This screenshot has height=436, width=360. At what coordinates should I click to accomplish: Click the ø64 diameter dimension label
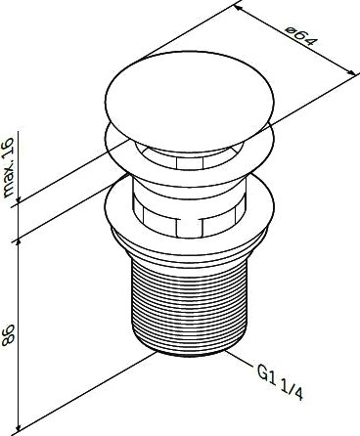301,36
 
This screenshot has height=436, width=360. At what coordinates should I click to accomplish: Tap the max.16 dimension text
8,167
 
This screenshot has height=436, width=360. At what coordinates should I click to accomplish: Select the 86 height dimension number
8,334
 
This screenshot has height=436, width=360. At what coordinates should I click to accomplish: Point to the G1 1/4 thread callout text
280,382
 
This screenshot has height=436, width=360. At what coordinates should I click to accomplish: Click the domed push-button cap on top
190,99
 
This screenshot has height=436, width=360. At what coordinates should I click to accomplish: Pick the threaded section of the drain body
189,305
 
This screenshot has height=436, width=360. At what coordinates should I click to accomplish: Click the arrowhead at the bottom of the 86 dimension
20,428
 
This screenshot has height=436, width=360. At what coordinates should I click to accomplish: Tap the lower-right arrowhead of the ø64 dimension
350,71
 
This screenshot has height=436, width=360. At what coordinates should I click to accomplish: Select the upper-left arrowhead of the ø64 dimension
239,8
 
